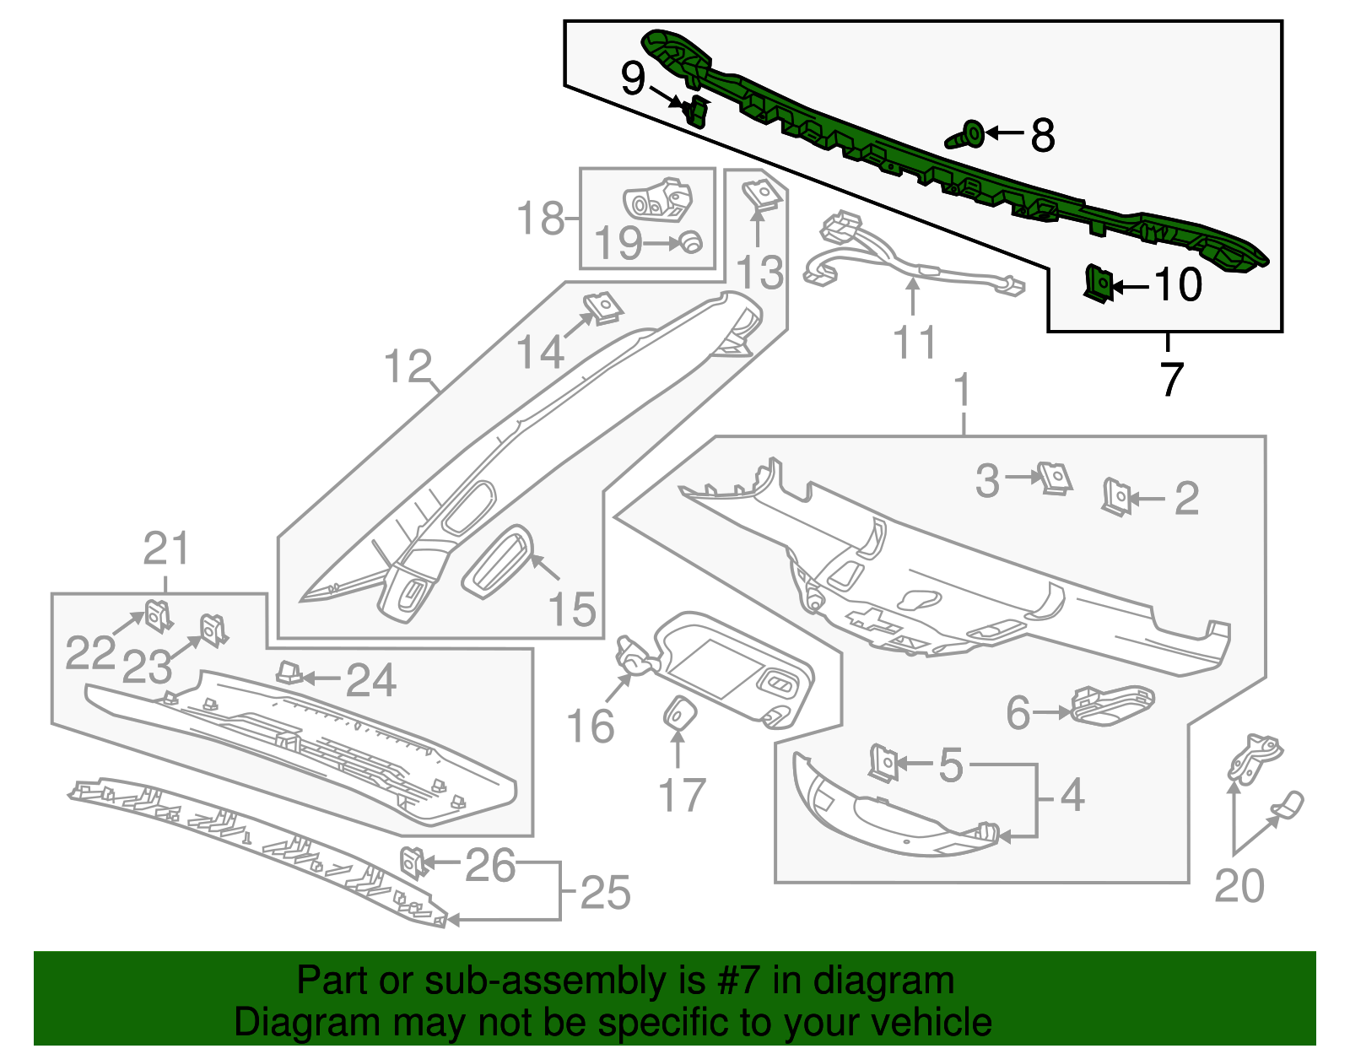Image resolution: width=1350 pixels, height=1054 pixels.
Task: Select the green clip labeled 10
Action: click(1097, 284)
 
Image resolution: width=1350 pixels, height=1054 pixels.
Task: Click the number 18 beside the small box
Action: click(541, 218)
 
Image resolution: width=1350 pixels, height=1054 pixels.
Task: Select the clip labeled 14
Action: click(602, 307)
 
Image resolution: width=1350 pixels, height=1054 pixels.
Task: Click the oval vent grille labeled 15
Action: click(499, 562)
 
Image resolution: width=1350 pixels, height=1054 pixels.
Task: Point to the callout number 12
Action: click(408, 366)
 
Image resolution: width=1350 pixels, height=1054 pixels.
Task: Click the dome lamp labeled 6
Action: click(1111, 705)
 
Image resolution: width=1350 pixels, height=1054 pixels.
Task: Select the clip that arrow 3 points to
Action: click(1056, 478)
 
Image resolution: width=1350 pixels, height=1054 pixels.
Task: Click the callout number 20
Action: click(1239, 886)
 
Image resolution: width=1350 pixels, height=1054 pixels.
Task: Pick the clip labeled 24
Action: click(289, 672)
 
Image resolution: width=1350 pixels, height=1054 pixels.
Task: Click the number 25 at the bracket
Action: click(605, 893)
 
